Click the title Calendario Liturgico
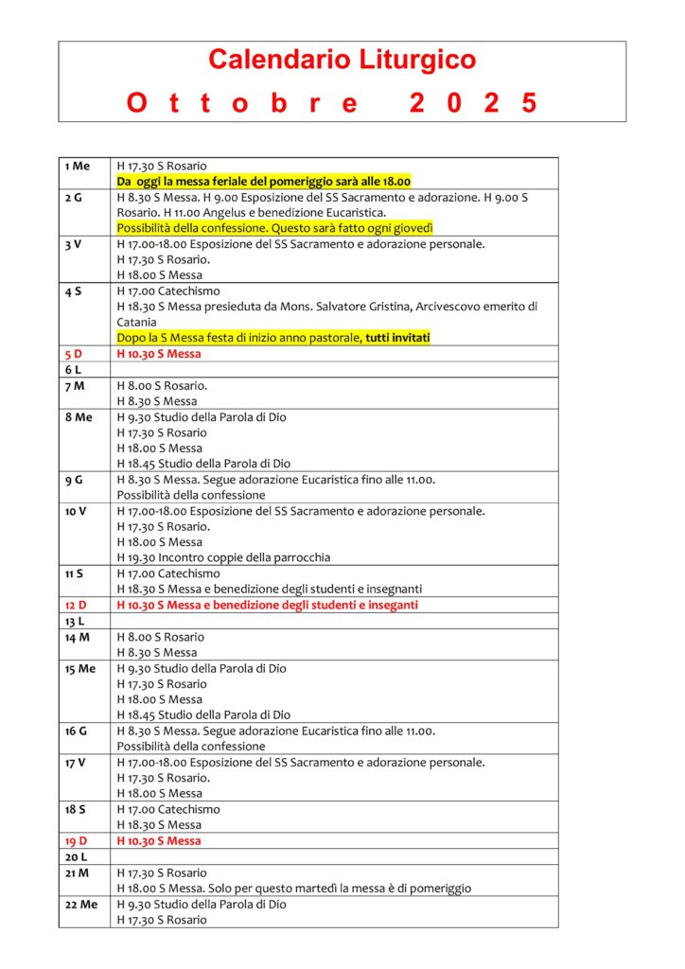click(x=342, y=61)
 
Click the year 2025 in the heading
click(x=473, y=103)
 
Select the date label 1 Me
click(x=78, y=167)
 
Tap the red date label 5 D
click(x=74, y=354)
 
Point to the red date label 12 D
click(x=76, y=605)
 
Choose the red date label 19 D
click(x=76, y=840)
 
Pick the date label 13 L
click(x=75, y=621)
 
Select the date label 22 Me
click(x=81, y=904)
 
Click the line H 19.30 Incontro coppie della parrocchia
click(x=223, y=557)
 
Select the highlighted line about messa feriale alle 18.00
click(x=263, y=181)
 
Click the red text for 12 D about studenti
click(x=267, y=605)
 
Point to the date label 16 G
click(x=75, y=731)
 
